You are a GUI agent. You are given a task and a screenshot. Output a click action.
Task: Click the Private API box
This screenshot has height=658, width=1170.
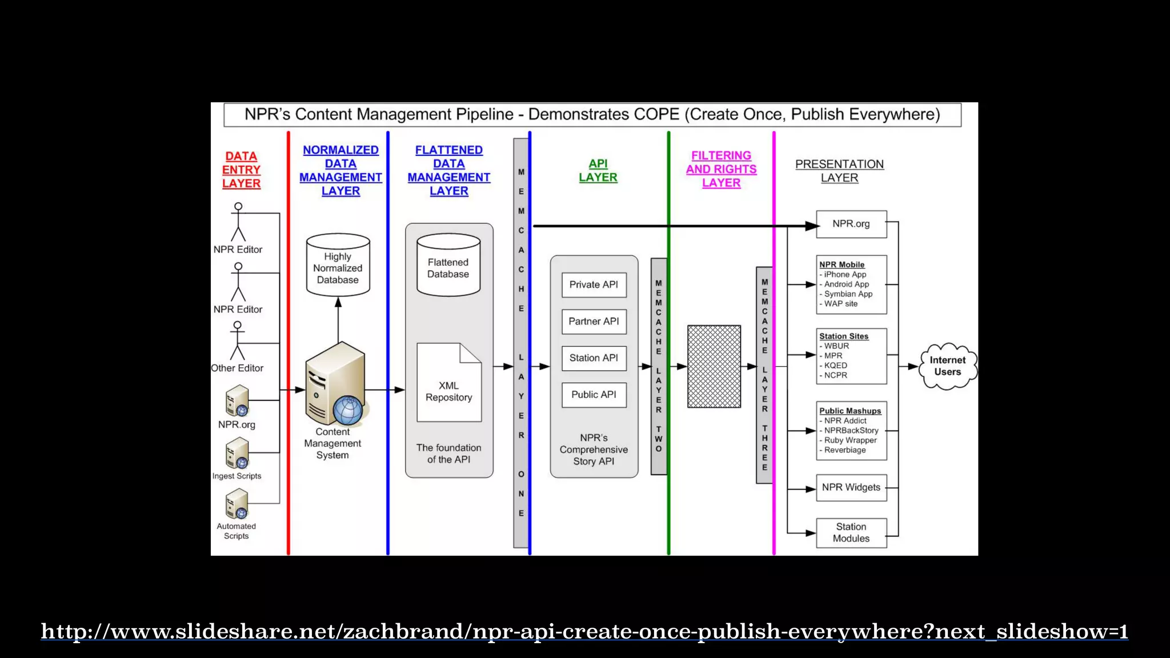pyautogui.click(x=594, y=285)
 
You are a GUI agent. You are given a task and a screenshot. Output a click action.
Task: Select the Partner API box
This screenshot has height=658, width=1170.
pyautogui.click(x=594, y=322)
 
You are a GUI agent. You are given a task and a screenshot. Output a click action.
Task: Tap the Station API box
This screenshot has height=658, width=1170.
pyautogui.click(x=594, y=358)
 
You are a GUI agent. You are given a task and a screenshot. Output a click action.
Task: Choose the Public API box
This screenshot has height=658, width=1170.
pyautogui.click(x=594, y=395)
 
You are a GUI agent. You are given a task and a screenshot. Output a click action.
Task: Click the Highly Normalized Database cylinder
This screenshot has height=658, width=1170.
pyautogui.click(x=338, y=266)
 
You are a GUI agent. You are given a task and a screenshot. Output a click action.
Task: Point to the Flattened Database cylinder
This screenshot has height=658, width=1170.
pyautogui.click(x=448, y=266)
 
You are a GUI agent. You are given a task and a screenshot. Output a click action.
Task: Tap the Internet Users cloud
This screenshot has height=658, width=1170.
pyautogui.click(x=947, y=366)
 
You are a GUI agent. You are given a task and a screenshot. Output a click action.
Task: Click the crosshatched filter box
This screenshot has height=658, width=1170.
pyautogui.click(x=714, y=366)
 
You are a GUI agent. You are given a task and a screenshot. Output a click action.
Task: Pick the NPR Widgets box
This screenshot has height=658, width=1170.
pyautogui.click(x=851, y=488)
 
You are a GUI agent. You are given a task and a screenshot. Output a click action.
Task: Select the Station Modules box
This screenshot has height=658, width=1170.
pyautogui.click(x=851, y=532)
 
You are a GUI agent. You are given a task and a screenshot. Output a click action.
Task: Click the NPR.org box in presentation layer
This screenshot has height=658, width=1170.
pyautogui.click(x=851, y=224)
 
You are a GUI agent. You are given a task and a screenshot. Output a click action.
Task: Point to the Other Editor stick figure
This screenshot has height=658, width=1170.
pyautogui.click(x=237, y=341)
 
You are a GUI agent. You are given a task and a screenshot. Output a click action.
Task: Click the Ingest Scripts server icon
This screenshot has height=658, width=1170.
pyautogui.click(x=237, y=454)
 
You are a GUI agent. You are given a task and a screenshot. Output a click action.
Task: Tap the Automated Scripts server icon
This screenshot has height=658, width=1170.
pyautogui.click(x=237, y=504)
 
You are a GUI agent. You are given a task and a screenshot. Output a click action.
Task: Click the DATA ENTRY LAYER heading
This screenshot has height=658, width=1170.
pyautogui.click(x=241, y=170)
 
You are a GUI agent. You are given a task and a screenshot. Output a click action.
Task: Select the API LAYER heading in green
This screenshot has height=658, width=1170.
pyautogui.click(x=598, y=171)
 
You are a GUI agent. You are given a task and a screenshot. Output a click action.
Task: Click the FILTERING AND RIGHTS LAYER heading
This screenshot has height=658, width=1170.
pyautogui.click(x=721, y=169)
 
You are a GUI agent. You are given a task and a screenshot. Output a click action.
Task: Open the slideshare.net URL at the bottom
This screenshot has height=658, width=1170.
pyautogui.click(x=584, y=631)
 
